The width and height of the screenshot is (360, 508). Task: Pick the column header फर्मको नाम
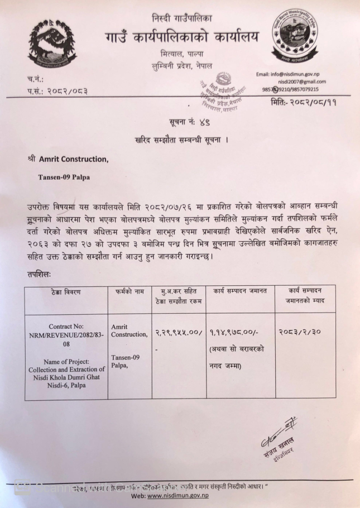click(x=129, y=290)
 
